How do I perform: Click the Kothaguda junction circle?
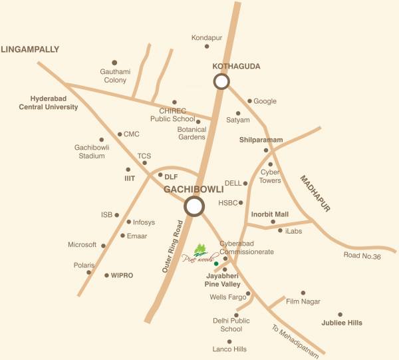pos(221,81)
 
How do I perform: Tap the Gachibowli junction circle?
pos(194,206)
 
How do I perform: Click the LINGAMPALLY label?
pos(30,49)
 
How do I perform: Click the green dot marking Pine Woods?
pos(215,264)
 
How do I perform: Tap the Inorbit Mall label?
pos(270,214)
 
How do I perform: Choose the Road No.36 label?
pos(361,256)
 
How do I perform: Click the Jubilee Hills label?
pos(344,323)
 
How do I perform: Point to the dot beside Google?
pos(250,101)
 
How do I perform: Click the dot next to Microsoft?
pos(103,245)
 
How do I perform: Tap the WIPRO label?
pos(122,275)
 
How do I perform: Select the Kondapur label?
pos(205,37)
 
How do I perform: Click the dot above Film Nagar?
pos(303,292)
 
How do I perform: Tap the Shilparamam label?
pos(261,140)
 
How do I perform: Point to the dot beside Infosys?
pos(128,222)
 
